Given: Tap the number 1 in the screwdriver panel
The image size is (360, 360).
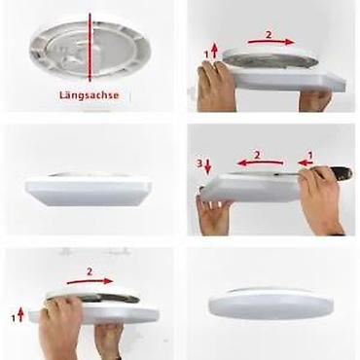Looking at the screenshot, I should (309, 154).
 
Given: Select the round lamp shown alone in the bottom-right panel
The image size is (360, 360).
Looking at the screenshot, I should (270, 304).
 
